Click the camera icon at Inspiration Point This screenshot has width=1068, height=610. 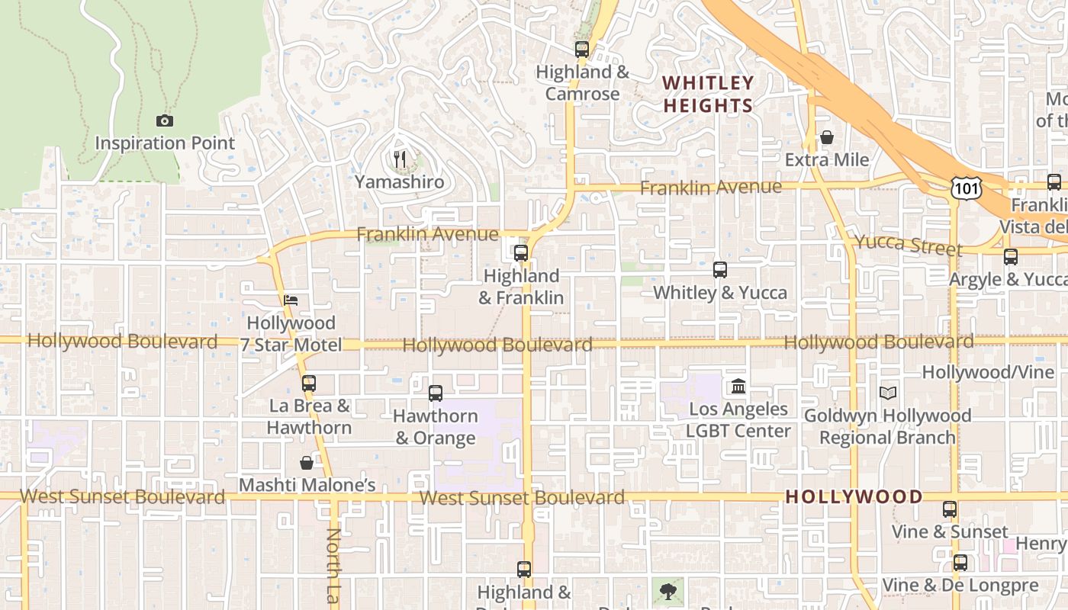click(x=164, y=120)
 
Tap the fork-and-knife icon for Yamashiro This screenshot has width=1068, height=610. click(x=399, y=159)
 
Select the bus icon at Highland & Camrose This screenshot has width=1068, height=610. click(x=582, y=50)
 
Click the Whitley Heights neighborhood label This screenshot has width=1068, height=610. click(x=708, y=94)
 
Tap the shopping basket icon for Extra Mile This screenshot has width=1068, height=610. click(x=826, y=137)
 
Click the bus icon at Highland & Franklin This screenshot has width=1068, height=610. click(x=521, y=253)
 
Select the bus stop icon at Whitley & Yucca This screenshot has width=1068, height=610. click(x=719, y=269)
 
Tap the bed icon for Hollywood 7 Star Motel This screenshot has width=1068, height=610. click(x=291, y=300)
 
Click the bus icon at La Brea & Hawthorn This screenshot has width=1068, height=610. click(x=308, y=383)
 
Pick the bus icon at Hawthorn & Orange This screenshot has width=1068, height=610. click(x=436, y=393)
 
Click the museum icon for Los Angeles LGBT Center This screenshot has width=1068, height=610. click(x=738, y=387)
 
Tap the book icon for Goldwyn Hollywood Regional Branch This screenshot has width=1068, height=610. click(x=887, y=393)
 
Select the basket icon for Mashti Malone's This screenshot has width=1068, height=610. click(x=307, y=463)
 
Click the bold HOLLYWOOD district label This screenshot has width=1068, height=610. click(x=854, y=497)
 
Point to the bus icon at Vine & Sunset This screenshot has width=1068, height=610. click(x=949, y=509)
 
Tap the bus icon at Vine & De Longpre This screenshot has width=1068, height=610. click(x=960, y=563)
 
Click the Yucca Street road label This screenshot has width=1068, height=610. click(x=907, y=245)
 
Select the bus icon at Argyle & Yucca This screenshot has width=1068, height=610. click(x=1011, y=257)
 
